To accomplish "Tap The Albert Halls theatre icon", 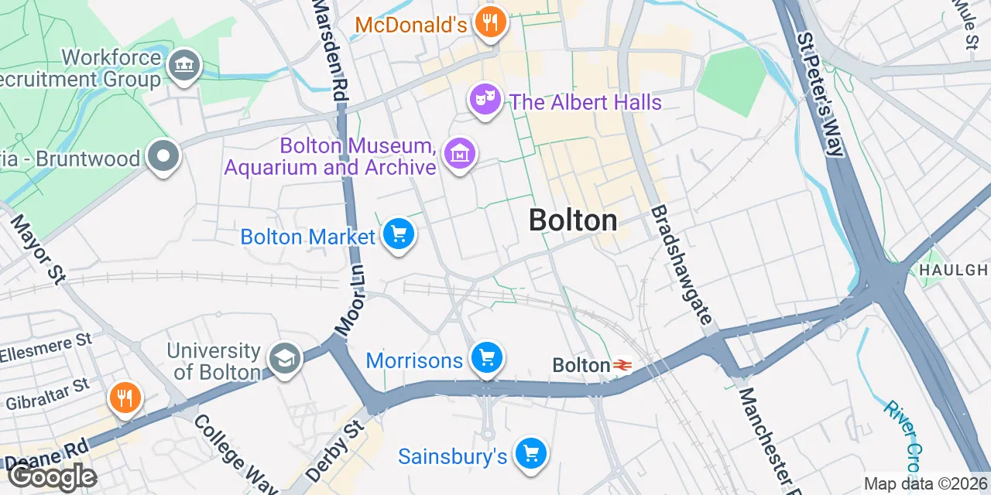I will pos(485,100).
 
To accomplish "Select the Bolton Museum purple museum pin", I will pos(461,154).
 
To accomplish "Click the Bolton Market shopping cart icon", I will pos(399,234).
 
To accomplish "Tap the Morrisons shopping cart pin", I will pos(487,358).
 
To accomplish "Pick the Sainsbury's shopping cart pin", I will pos(530,454).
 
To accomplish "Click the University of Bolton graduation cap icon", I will pos(284,359).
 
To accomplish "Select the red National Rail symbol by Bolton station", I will pos(622,364).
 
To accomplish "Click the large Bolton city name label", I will pos(573,220).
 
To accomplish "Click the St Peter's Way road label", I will pos(820,94).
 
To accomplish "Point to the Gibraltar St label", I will pos(48,393).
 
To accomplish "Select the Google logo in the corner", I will pos(52,477).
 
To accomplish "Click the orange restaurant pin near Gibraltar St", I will pos(125,398).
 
